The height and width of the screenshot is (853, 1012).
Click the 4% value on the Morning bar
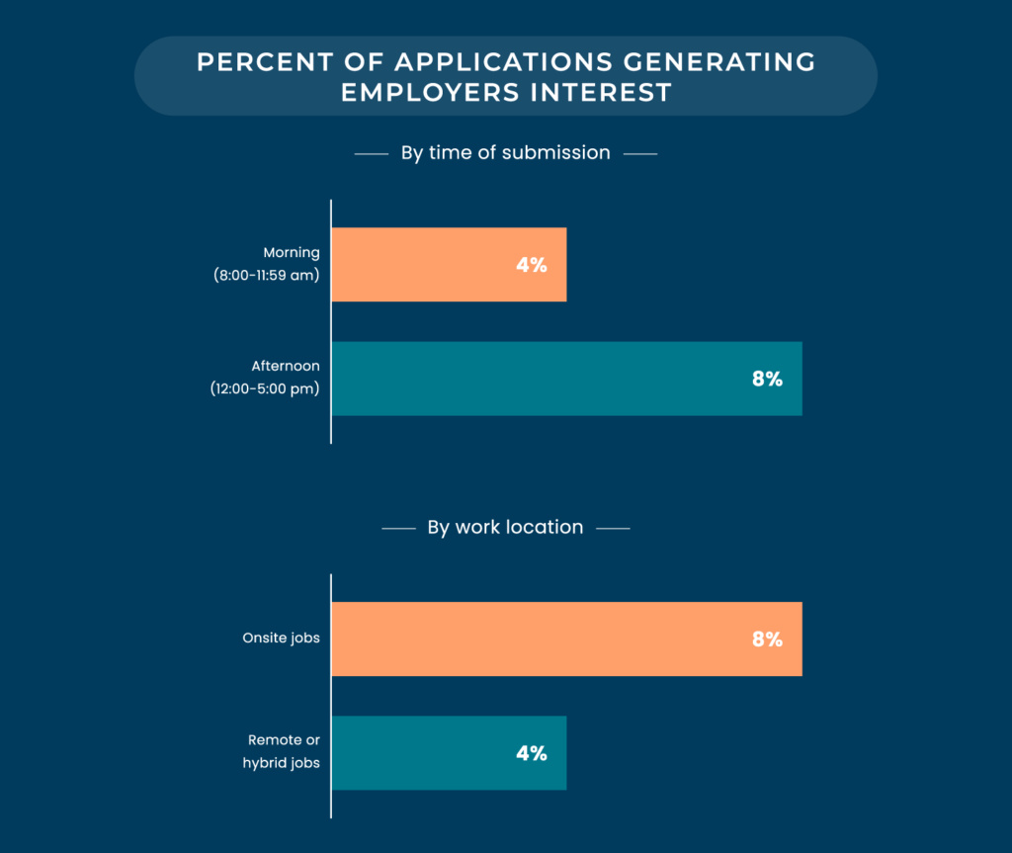[x=531, y=265]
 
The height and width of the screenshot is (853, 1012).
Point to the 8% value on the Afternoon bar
[x=766, y=379]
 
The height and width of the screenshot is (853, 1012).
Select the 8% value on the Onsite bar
[x=766, y=639]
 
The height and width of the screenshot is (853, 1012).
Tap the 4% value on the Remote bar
[x=531, y=752]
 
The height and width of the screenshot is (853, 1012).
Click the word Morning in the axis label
[x=292, y=253]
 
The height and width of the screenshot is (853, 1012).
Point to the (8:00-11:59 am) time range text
[x=267, y=276]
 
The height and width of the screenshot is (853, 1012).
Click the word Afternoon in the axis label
[x=285, y=367]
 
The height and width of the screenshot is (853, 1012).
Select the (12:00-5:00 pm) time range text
[x=265, y=389]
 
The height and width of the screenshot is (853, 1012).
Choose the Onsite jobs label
[x=281, y=639]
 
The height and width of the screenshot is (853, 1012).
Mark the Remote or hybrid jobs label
[x=282, y=752]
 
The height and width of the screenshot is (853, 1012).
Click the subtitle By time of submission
[x=505, y=153]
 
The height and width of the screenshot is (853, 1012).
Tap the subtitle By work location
[x=505, y=528]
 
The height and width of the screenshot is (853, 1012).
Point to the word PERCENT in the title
[x=254, y=62]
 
